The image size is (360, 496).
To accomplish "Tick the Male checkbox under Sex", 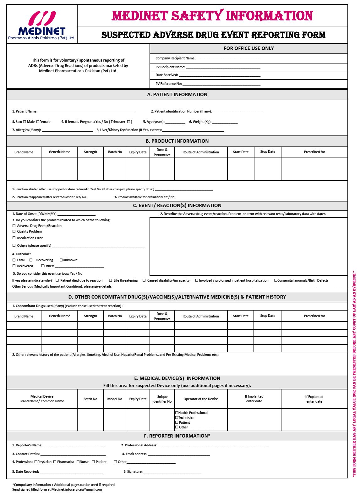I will (x=25, y=122).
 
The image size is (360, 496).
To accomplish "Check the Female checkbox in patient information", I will (x=38, y=122).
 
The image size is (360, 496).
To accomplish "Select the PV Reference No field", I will (x=221, y=84).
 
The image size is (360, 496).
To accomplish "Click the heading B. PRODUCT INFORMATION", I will (x=177, y=141).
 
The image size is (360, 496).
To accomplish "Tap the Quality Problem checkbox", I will (x=14, y=232).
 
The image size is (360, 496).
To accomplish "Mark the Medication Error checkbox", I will (x=14, y=238).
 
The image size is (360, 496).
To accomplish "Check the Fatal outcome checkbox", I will (x=14, y=260).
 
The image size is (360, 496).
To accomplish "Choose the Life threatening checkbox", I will (x=111, y=280).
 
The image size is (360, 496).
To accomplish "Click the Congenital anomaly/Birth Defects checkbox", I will (x=276, y=280).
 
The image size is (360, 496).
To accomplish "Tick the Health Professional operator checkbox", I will (x=177, y=413).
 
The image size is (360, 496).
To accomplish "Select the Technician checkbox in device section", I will (x=177, y=418).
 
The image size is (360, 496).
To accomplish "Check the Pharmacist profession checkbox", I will (x=55, y=462).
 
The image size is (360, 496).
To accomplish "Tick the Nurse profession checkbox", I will (x=78, y=462).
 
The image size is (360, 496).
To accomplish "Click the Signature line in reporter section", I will (x=172, y=472).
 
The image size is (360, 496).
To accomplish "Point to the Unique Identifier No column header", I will (x=162, y=399).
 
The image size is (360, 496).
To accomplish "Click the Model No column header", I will (x=115, y=399).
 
